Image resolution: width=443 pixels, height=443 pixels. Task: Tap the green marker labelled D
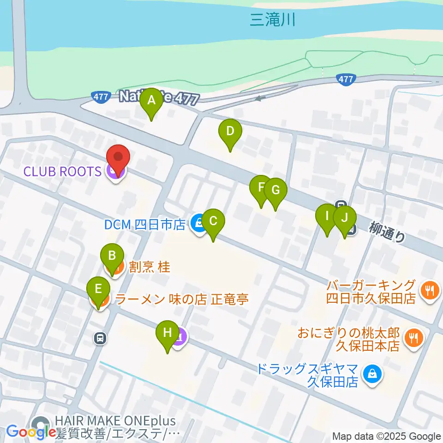coord(230,132)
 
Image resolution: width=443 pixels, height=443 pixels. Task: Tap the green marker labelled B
coord(112,256)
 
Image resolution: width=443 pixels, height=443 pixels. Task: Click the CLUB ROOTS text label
coord(63,172)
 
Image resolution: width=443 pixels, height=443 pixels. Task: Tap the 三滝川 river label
coord(272,20)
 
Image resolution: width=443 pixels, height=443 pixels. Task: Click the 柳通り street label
coord(388,231)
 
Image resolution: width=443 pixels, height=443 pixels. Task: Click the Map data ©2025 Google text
coord(387,437)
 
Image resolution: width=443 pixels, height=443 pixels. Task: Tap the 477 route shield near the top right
coord(346,79)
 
